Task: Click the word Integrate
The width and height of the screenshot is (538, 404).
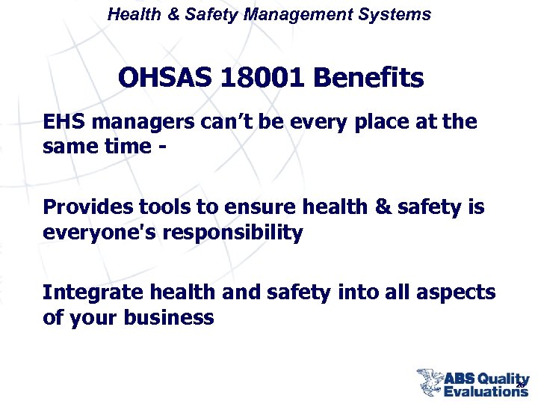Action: tap(90, 293)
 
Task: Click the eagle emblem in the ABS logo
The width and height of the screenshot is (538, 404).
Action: tap(430, 380)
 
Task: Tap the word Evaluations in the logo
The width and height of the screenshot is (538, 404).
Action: tap(486, 391)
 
